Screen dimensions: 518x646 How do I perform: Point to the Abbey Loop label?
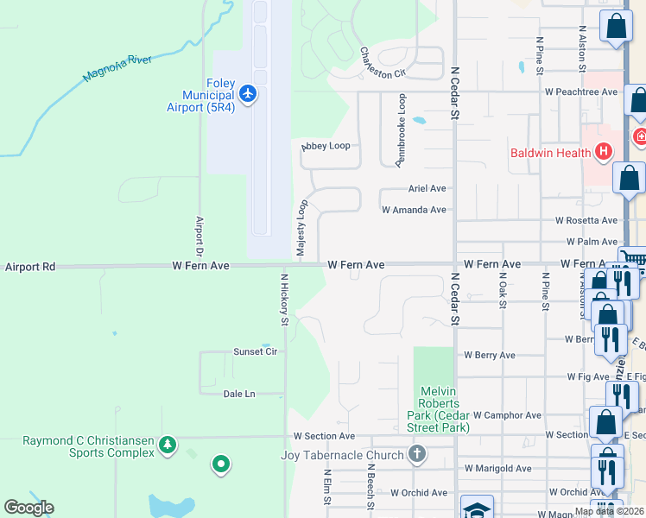point(326,146)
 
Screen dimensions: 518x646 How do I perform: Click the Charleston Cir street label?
point(383,63)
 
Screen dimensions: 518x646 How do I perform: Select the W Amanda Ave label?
point(414,210)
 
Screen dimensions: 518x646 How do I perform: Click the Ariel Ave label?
point(427,188)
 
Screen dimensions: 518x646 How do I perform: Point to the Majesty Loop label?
point(302,228)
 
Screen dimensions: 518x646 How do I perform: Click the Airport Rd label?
point(30,268)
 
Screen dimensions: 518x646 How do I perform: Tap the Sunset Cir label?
point(255,352)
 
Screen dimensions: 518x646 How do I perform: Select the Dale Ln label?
point(239,394)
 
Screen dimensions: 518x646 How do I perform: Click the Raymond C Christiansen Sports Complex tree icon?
point(168,446)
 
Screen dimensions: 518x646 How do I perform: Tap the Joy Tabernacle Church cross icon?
point(416,454)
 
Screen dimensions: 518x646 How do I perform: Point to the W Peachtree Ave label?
point(580,92)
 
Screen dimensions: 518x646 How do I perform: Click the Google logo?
point(28,508)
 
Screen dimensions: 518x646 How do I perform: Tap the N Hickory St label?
point(283,300)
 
